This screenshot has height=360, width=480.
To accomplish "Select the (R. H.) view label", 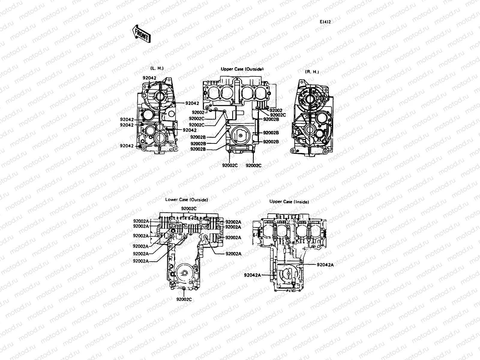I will [312, 72].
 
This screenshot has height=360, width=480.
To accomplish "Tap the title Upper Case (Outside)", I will [242, 69].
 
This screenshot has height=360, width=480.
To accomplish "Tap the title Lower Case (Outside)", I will [186, 199].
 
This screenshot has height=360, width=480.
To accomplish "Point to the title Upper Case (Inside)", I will [289, 202].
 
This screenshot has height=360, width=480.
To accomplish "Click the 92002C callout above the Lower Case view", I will [189, 208].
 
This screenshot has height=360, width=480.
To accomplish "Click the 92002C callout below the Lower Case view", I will [184, 299].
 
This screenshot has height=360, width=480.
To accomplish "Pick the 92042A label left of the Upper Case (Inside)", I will [252, 275].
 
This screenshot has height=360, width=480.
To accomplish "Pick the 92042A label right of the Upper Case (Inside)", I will [325, 265].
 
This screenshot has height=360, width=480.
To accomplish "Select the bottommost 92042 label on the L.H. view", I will [127, 146].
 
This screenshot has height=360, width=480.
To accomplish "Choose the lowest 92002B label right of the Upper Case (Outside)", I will [271, 141].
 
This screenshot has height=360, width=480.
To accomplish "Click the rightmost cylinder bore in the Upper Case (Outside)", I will [262, 93].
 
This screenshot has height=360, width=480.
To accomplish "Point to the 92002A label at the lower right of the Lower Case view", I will [233, 253].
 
